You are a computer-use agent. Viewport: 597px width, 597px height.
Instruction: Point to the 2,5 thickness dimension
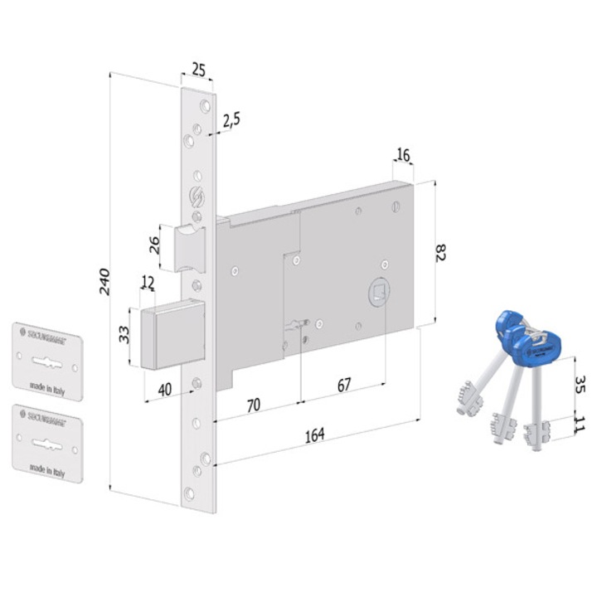click(x=231, y=119)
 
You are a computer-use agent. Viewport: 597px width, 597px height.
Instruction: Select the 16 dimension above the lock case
click(x=404, y=155)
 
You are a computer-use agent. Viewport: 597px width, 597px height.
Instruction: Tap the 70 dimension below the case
click(x=254, y=405)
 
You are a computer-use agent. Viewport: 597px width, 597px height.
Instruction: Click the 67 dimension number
click(x=343, y=386)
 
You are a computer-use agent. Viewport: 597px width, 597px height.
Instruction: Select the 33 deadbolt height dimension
click(x=124, y=336)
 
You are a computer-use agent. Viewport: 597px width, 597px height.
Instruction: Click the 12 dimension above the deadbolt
click(x=148, y=284)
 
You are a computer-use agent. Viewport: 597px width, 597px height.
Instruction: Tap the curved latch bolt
click(x=190, y=246)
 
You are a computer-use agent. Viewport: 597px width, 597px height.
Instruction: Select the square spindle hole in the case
click(x=378, y=291)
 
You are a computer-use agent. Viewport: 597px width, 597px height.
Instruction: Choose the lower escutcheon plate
click(x=49, y=442)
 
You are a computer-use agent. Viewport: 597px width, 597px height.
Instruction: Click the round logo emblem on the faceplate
click(x=197, y=199)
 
